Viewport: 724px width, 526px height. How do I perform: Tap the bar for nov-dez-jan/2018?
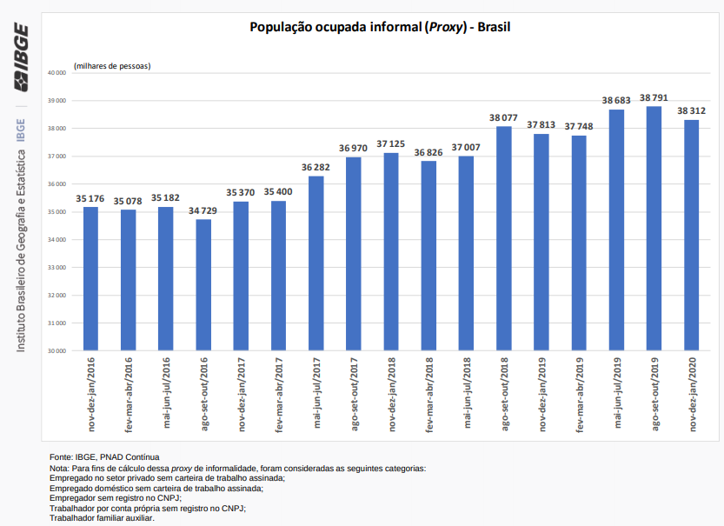tap(390, 252)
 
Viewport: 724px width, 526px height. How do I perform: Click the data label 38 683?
tap(617, 101)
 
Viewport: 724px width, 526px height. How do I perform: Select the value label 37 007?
tap(466, 148)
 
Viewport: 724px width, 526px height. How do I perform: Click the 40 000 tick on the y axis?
tap(56, 73)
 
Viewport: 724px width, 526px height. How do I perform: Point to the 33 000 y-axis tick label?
tap(56, 268)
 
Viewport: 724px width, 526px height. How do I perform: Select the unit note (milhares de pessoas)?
tap(112, 66)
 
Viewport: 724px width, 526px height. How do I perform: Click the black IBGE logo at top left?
tap(21, 57)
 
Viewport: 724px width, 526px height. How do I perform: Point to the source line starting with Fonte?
tap(104, 457)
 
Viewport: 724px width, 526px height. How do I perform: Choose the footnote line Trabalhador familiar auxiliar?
tap(102, 517)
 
